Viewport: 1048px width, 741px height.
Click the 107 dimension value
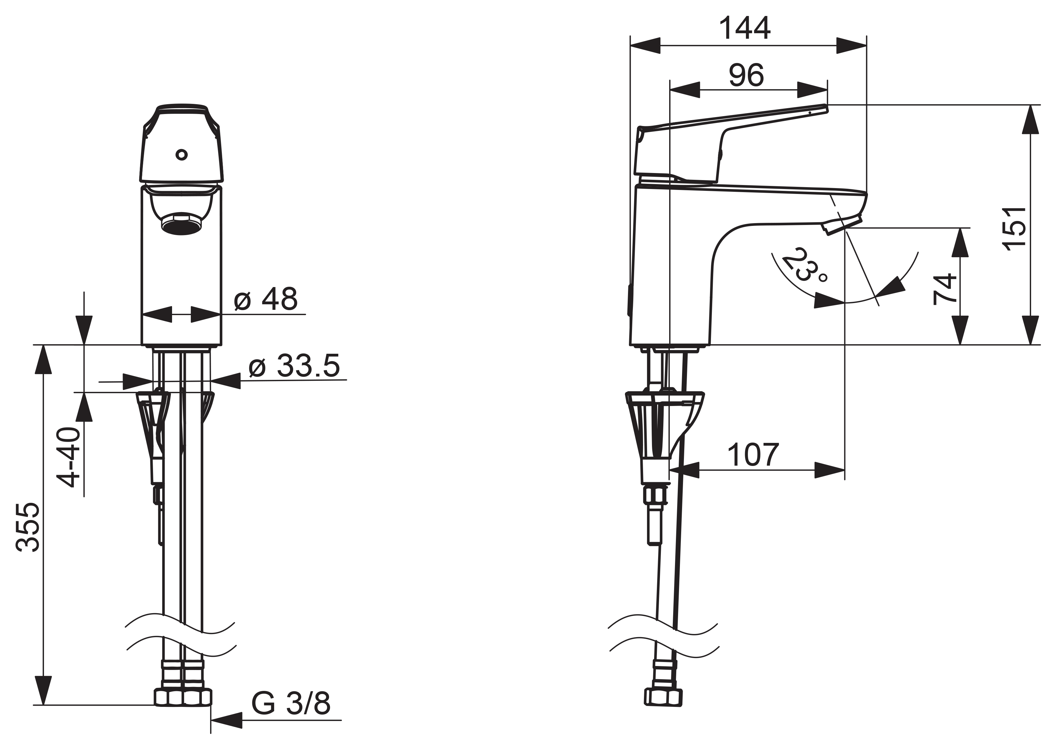[x=753, y=455]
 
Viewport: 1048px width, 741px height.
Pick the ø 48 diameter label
[x=266, y=299]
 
